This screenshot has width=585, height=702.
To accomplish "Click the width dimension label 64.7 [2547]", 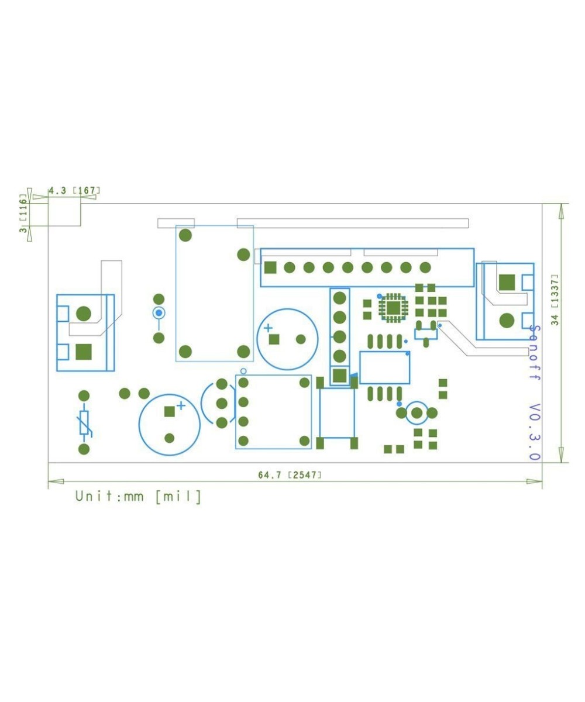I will (x=290, y=475).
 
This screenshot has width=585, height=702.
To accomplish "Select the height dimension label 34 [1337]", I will (x=555, y=299).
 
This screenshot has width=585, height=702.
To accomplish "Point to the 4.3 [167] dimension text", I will (x=74, y=191).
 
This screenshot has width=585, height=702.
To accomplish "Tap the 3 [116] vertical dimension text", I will (x=23, y=215).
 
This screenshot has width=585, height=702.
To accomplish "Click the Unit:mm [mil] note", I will (x=138, y=497).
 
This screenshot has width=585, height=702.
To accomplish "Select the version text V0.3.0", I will (x=534, y=431).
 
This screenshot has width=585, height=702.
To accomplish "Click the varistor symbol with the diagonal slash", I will (x=85, y=423).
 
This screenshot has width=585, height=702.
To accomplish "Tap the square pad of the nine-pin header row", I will (x=270, y=268).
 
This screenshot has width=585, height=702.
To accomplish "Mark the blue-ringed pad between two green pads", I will (x=159, y=313).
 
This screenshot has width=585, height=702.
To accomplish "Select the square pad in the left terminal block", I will (x=84, y=352).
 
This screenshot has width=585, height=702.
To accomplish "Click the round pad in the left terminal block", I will (x=84, y=313).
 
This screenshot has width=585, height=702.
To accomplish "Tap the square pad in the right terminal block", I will (x=507, y=283).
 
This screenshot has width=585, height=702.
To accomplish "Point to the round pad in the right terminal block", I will (x=507, y=321).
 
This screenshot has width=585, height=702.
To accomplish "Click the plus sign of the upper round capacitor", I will (x=267, y=328).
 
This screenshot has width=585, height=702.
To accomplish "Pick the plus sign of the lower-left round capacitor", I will (x=181, y=405).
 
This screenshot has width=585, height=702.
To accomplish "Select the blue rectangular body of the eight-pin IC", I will (x=384, y=367).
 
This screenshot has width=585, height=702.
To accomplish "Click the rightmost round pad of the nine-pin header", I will (x=425, y=268).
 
